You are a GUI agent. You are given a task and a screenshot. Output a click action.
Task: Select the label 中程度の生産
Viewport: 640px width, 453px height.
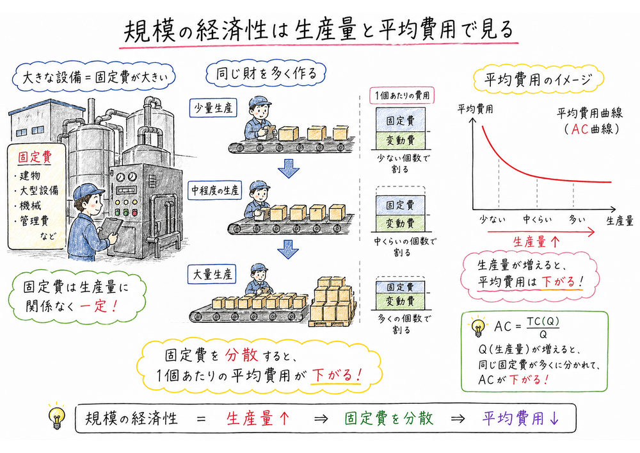tap(214, 190)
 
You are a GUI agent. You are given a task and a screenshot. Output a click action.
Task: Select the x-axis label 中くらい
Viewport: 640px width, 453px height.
tap(537, 220)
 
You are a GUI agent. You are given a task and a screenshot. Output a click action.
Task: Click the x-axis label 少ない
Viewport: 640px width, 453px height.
tap(493, 220)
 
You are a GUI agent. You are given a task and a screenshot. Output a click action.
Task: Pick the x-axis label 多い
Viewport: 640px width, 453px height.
tap(577, 220)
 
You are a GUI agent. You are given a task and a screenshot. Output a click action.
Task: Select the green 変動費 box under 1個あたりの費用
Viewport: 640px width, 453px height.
tap(401, 139)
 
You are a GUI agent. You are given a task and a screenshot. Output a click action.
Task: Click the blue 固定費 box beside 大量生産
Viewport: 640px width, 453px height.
tap(401, 286)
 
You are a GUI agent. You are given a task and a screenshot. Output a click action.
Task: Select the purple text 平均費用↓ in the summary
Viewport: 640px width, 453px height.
tap(521, 418)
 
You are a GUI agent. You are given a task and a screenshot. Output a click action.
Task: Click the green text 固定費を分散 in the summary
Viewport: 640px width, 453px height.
tap(388, 418)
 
